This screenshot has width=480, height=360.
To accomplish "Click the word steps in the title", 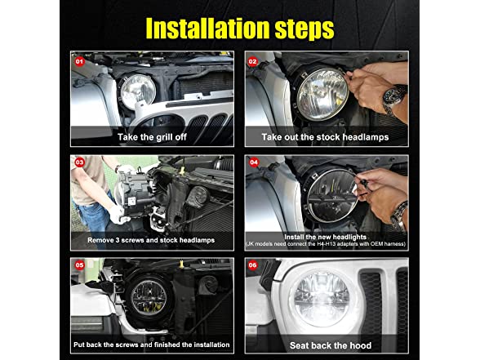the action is pyautogui.click(x=304, y=29).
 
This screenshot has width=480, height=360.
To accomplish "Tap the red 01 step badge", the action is pyautogui.click(x=79, y=61).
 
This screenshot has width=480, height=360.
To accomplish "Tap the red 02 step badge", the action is pyautogui.click(x=252, y=61).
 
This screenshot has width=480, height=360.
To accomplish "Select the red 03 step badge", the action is pyautogui.click(x=80, y=162).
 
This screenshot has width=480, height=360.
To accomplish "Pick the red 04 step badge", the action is pyautogui.click(x=254, y=162).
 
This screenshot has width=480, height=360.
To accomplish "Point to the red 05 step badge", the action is pyautogui.click(x=80, y=265).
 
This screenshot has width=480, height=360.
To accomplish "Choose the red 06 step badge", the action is pyautogui.click(x=252, y=265).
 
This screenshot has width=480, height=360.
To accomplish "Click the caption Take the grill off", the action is pyautogui.click(x=152, y=137).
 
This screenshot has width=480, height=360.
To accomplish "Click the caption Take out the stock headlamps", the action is pyautogui.click(x=325, y=137).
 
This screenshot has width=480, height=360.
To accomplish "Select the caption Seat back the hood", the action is pyautogui.click(x=331, y=345).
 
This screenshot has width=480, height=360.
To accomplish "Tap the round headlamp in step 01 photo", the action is pyautogui.click(x=138, y=91).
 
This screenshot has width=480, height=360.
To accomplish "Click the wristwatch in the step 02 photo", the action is pyautogui.click(x=393, y=96).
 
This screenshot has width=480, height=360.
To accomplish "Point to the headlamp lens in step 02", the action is pyautogui.click(x=322, y=94).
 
